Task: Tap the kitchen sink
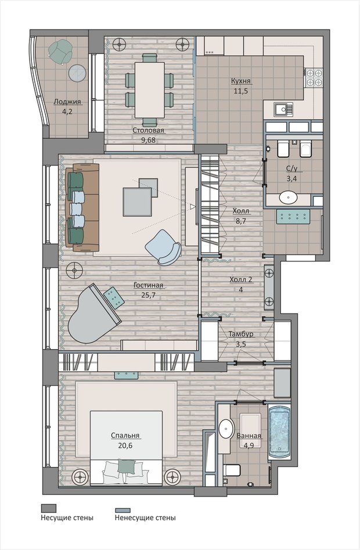point(283,109)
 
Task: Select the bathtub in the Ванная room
point(279,433)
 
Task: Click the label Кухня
point(241,81)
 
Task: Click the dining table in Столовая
point(150,90)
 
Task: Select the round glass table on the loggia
point(77,73)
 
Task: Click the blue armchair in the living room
point(163,247)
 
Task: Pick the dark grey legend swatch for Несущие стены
point(49,508)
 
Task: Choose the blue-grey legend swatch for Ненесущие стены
point(123,511)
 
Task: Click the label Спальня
point(125,436)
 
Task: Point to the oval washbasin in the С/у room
point(289,197)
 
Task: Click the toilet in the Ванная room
point(233,469)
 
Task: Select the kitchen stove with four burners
point(315,77)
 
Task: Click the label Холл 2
point(241,279)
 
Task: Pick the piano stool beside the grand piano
point(114,297)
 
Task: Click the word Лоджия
point(67,102)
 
